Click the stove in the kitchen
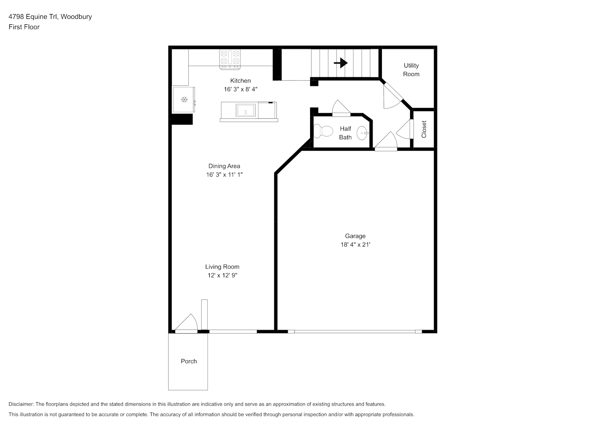point(230,60)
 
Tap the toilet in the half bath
point(323,131)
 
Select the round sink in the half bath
point(362,133)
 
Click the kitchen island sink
point(246,110)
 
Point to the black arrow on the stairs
point(340,63)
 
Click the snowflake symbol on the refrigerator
point(184,100)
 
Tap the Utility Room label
point(411,70)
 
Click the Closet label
point(424,129)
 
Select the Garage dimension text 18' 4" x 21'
point(355,245)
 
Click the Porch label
point(189,361)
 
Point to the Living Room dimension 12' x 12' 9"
point(222,275)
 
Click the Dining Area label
point(224,166)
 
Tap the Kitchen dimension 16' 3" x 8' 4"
point(240,89)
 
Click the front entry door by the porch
point(186,324)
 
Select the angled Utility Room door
point(393,96)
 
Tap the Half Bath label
point(346,133)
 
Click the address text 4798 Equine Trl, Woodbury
point(50,17)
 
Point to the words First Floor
point(24,27)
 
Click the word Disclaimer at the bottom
point(21,404)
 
